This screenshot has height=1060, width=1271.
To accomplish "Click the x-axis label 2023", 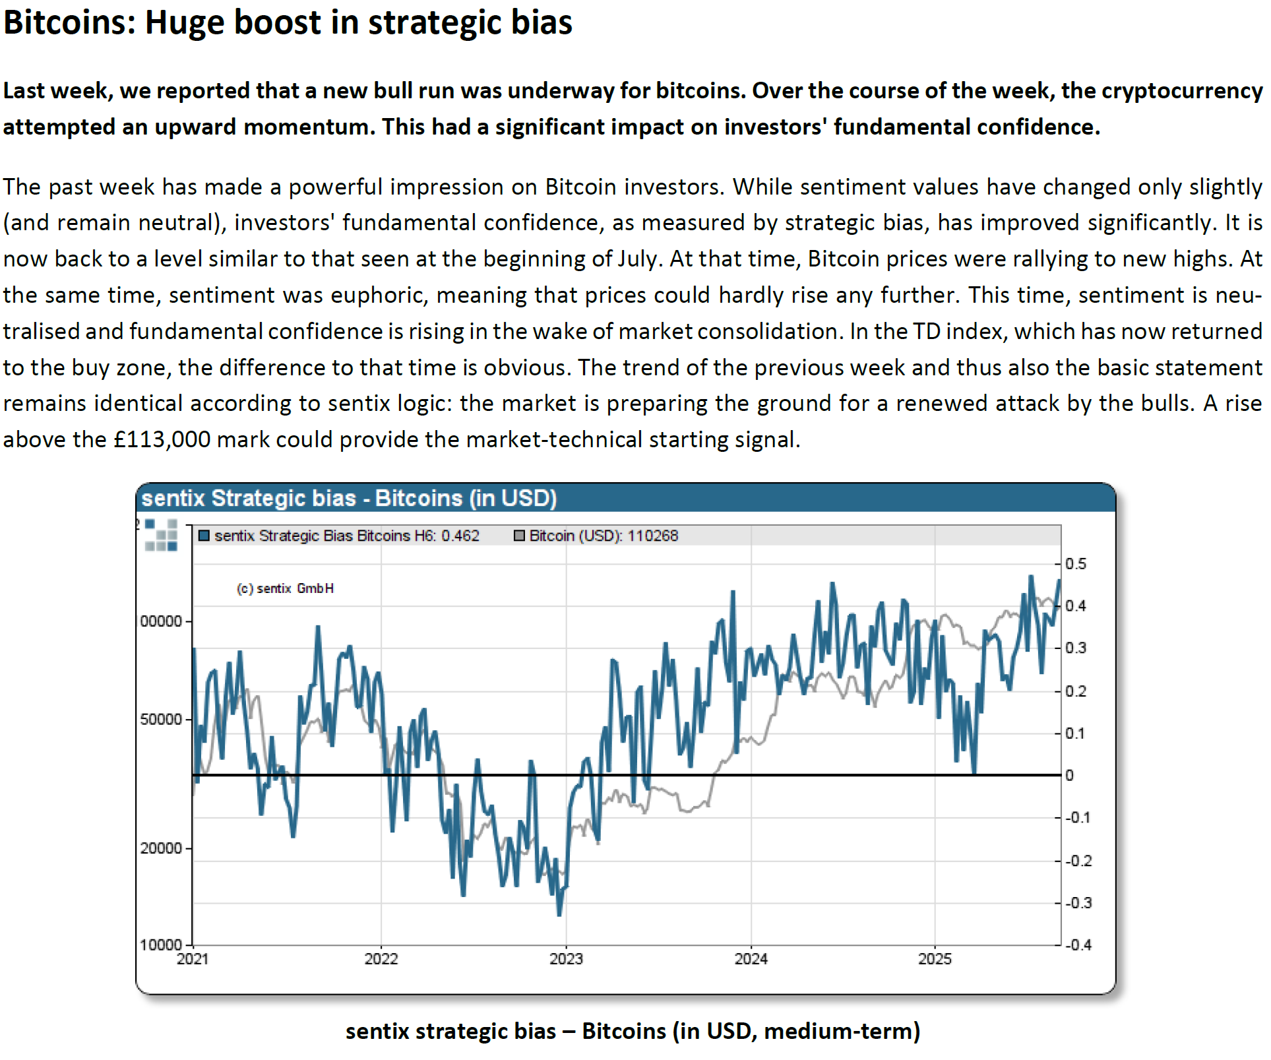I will point(566,958).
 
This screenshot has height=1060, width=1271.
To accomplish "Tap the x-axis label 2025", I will point(935,958).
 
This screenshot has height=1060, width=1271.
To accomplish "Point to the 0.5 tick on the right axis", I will point(1075,564).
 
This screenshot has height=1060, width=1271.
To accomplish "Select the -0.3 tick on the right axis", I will point(1078,902).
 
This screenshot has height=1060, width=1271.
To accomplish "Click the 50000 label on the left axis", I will point(160,719).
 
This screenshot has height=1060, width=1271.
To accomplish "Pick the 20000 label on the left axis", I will point(160,848).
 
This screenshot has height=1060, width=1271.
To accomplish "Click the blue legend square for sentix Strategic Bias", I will point(204,536).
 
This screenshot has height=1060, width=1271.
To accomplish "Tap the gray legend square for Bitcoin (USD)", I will point(519,536).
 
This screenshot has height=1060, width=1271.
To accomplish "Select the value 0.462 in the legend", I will point(460,536).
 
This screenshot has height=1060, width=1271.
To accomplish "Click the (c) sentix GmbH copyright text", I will point(285,588).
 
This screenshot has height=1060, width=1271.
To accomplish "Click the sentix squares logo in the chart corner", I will point(161,535).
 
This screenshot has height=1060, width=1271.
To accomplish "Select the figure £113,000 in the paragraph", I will point(162,439).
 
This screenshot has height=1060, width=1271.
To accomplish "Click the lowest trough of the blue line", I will point(559,914).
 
